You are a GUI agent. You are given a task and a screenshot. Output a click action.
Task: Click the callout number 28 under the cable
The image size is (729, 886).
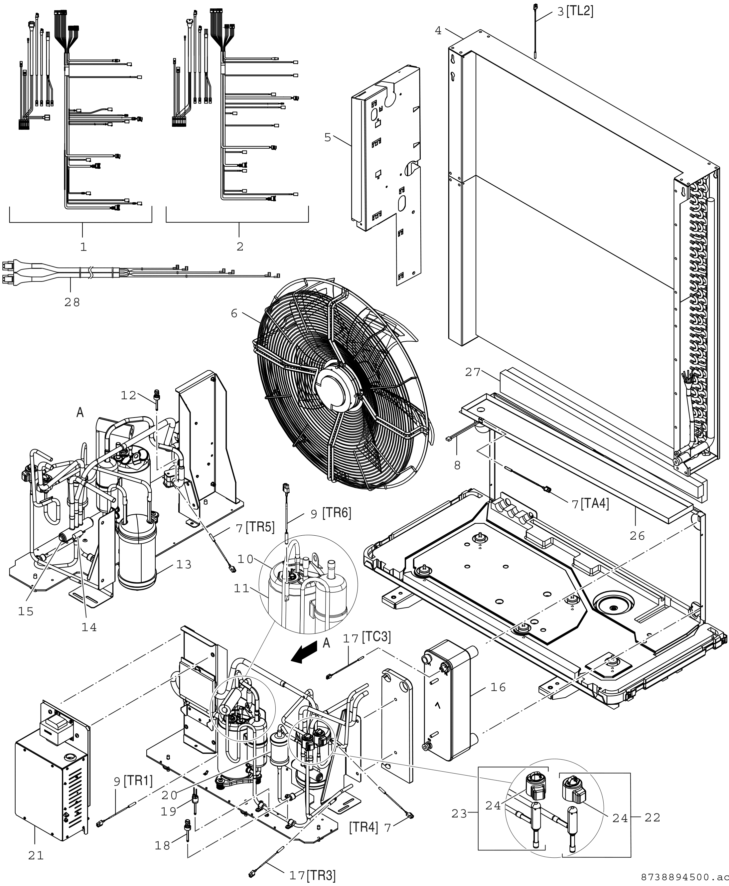[72, 302]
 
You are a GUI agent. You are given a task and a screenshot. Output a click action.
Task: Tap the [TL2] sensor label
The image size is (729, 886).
[579, 11]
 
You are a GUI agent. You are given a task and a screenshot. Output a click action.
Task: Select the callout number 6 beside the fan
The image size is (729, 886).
[234, 313]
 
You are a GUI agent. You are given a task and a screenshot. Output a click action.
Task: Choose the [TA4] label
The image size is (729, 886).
[595, 503]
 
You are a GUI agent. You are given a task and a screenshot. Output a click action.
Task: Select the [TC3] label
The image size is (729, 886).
[376, 637]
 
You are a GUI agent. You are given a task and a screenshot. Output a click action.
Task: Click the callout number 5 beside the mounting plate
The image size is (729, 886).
[328, 137]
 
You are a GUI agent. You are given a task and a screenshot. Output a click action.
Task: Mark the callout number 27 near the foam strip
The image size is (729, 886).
[473, 372]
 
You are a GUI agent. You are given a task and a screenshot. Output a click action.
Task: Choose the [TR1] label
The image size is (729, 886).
[138, 781]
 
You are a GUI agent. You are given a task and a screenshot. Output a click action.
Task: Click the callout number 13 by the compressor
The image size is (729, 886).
[184, 565]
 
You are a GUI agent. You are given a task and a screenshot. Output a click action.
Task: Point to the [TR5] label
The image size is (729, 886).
[260, 527]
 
